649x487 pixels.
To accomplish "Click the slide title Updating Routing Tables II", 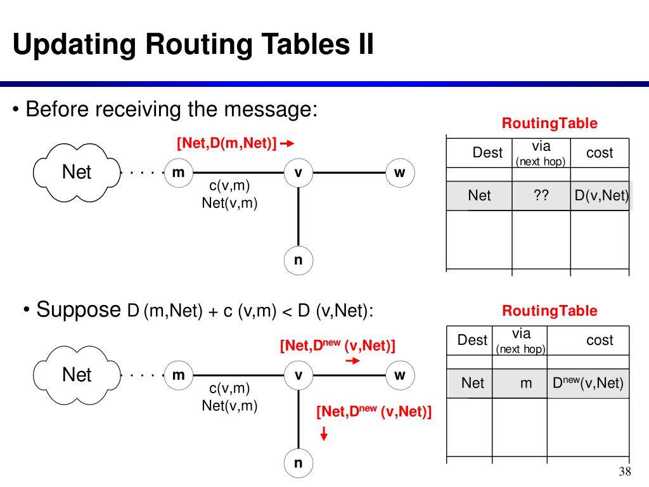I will (193, 45).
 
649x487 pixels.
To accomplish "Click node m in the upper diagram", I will (178, 172).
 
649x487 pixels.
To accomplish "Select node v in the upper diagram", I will (298, 172).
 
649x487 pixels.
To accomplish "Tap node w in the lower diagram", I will (399, 375).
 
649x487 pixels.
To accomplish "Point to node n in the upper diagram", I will (298, 261).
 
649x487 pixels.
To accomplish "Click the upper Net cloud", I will (77, 172).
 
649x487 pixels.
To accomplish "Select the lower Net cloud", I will (77, 375).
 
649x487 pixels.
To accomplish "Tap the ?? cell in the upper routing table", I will (541, 195).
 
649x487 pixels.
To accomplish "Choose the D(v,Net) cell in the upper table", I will (601, 195).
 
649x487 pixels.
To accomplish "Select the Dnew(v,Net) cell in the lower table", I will (588, 383).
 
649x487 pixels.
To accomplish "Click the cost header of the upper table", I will (599, 152).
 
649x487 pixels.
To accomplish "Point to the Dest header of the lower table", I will (472, 340).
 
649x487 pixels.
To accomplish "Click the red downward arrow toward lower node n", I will (324, 434).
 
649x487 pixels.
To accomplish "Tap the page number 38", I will (625, 472).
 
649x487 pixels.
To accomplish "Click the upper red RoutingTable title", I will (549, 124).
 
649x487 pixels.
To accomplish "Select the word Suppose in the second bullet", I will (78, 309).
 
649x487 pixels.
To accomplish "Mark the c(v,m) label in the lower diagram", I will (229, 388).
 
